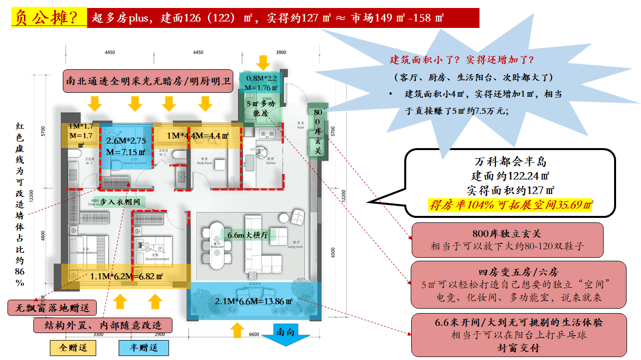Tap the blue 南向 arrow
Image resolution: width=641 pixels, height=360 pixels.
pos(286,334)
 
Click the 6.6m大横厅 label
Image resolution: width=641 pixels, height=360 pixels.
pos(248,235)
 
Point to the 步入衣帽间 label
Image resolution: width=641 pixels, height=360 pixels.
pos(121,202)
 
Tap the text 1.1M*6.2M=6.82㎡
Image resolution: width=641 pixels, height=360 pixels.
pos(127,276)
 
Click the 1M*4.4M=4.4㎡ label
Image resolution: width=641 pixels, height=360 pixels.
pos(197,136)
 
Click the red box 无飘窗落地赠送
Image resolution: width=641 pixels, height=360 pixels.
pos(52,308)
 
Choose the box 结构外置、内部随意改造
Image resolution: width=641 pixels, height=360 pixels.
pos(103,326)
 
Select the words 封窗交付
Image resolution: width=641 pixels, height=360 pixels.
pos(518,348)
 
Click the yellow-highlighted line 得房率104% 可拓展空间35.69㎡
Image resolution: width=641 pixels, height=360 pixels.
pos(510,204)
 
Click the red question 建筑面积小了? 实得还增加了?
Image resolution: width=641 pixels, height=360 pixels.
pos(462,60)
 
